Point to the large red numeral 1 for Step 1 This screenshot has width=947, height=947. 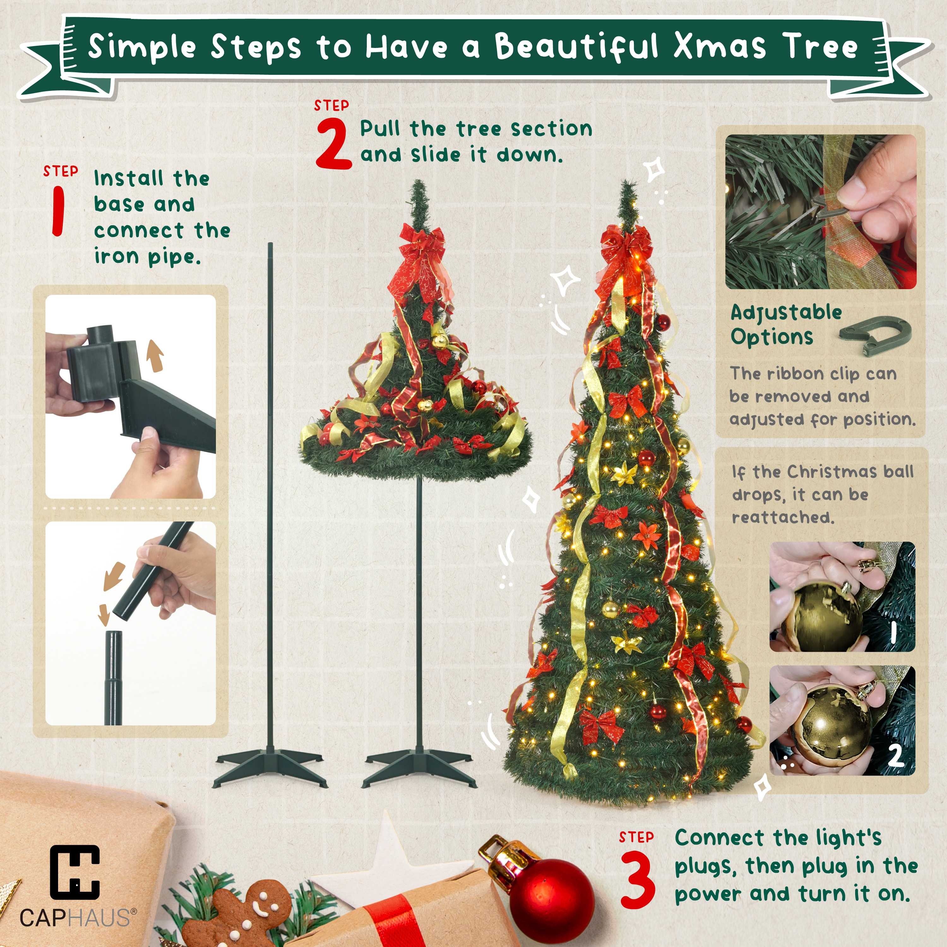[58, 211]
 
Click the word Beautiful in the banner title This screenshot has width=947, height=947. [576, 48]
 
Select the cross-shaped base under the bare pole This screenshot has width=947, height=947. [270, 767]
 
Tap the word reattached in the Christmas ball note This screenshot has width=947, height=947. [783, 517]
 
